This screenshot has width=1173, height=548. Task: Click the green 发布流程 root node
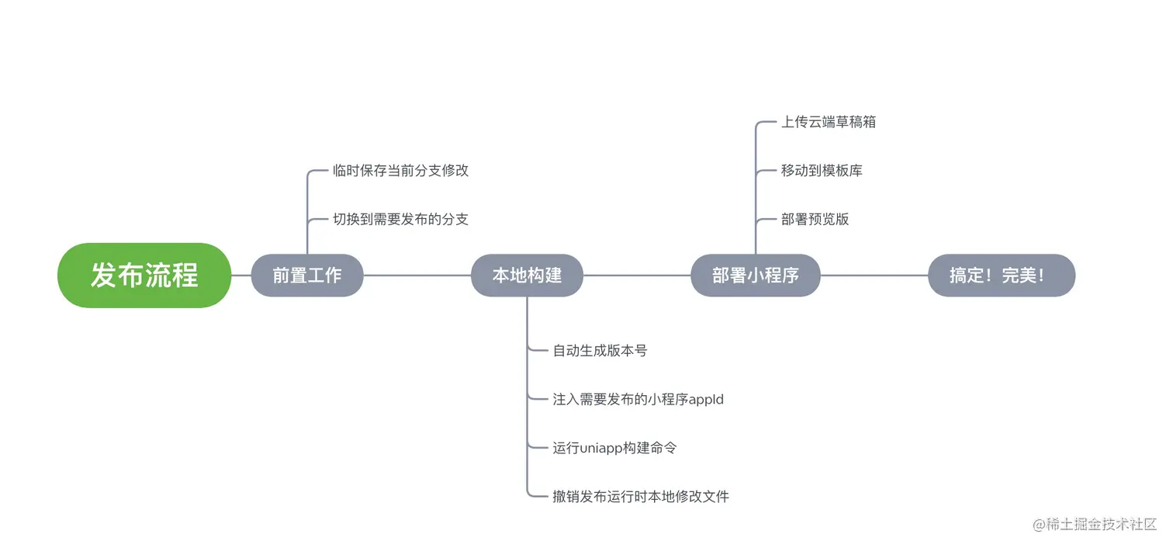144,276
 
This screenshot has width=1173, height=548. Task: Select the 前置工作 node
307,276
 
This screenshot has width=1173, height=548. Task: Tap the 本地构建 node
527,276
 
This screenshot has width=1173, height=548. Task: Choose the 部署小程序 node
756,276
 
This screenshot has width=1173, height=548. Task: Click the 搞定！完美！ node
1002,276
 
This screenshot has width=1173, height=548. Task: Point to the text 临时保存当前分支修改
401,171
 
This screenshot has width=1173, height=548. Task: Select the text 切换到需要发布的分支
401,219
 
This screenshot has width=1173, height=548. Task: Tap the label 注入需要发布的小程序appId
638,399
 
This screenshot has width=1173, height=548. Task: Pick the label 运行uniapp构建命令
614,448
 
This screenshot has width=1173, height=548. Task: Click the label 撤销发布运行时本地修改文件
641,496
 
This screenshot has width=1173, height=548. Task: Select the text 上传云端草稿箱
829,122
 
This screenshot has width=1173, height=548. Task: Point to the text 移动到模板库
822,171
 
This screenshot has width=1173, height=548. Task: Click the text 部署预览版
815,219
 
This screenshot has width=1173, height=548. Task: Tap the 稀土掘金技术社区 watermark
1095,525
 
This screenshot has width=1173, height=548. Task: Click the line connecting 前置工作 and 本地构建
417,276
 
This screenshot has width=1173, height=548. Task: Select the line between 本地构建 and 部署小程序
636,276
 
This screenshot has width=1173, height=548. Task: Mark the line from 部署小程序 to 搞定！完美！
874,276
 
